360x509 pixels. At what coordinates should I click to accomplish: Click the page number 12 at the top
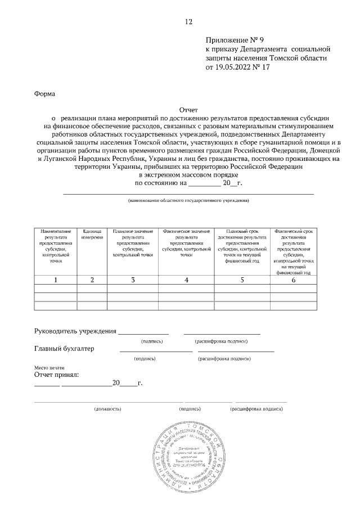[188, 22]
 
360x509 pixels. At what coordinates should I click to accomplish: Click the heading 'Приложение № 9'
[235, 40]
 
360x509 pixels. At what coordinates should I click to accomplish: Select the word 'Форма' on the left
[45, 94]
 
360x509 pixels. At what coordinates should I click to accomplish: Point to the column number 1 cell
[55, 280]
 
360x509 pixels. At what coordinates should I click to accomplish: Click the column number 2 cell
[92, 280]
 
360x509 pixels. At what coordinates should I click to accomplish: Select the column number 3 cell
[133, 280]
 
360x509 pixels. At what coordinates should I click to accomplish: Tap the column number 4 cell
[186, 280]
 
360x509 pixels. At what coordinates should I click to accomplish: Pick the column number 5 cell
[242, 280]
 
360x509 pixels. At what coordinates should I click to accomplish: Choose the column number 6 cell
[293, 280]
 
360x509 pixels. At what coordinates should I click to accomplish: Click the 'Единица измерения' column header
[92, 235]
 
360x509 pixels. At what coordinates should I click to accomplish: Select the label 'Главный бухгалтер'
[65, 349]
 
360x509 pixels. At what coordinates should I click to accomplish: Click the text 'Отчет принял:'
[56, 373]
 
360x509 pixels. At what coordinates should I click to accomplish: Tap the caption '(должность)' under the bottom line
[108, 409]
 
